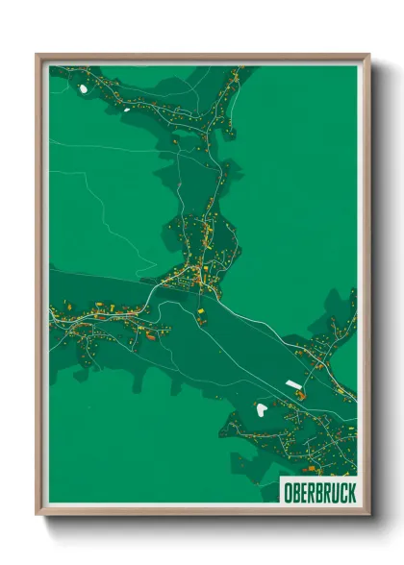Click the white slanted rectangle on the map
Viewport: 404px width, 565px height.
point(293,384)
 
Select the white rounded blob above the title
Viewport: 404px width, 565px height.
point(261,410)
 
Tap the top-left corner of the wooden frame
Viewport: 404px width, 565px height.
point(38,55)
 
